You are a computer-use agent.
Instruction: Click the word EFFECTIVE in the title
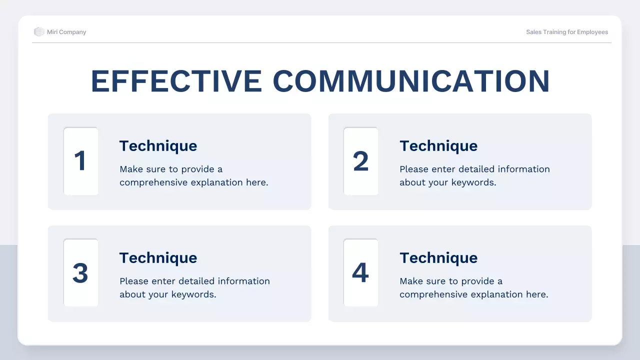[176, 81]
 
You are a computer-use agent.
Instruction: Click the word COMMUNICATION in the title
[411, 81]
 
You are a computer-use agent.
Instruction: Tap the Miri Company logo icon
[39, 32]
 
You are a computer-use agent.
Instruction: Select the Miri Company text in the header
[66, 32]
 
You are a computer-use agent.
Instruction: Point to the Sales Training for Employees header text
[567, 32]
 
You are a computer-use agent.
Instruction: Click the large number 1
[80, 161]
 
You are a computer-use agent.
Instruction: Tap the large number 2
[360, 161]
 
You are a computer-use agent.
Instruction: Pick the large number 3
[80, 273]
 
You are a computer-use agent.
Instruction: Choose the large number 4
[360, 273]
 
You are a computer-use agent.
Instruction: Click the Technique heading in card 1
[158, 146]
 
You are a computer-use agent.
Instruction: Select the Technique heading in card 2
[438, 146]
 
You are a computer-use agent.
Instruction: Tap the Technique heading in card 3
[158, 258]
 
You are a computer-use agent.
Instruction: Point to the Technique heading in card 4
[438, 258]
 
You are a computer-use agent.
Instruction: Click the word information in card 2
[523, 169]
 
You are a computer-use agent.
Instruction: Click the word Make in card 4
[410, 281]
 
